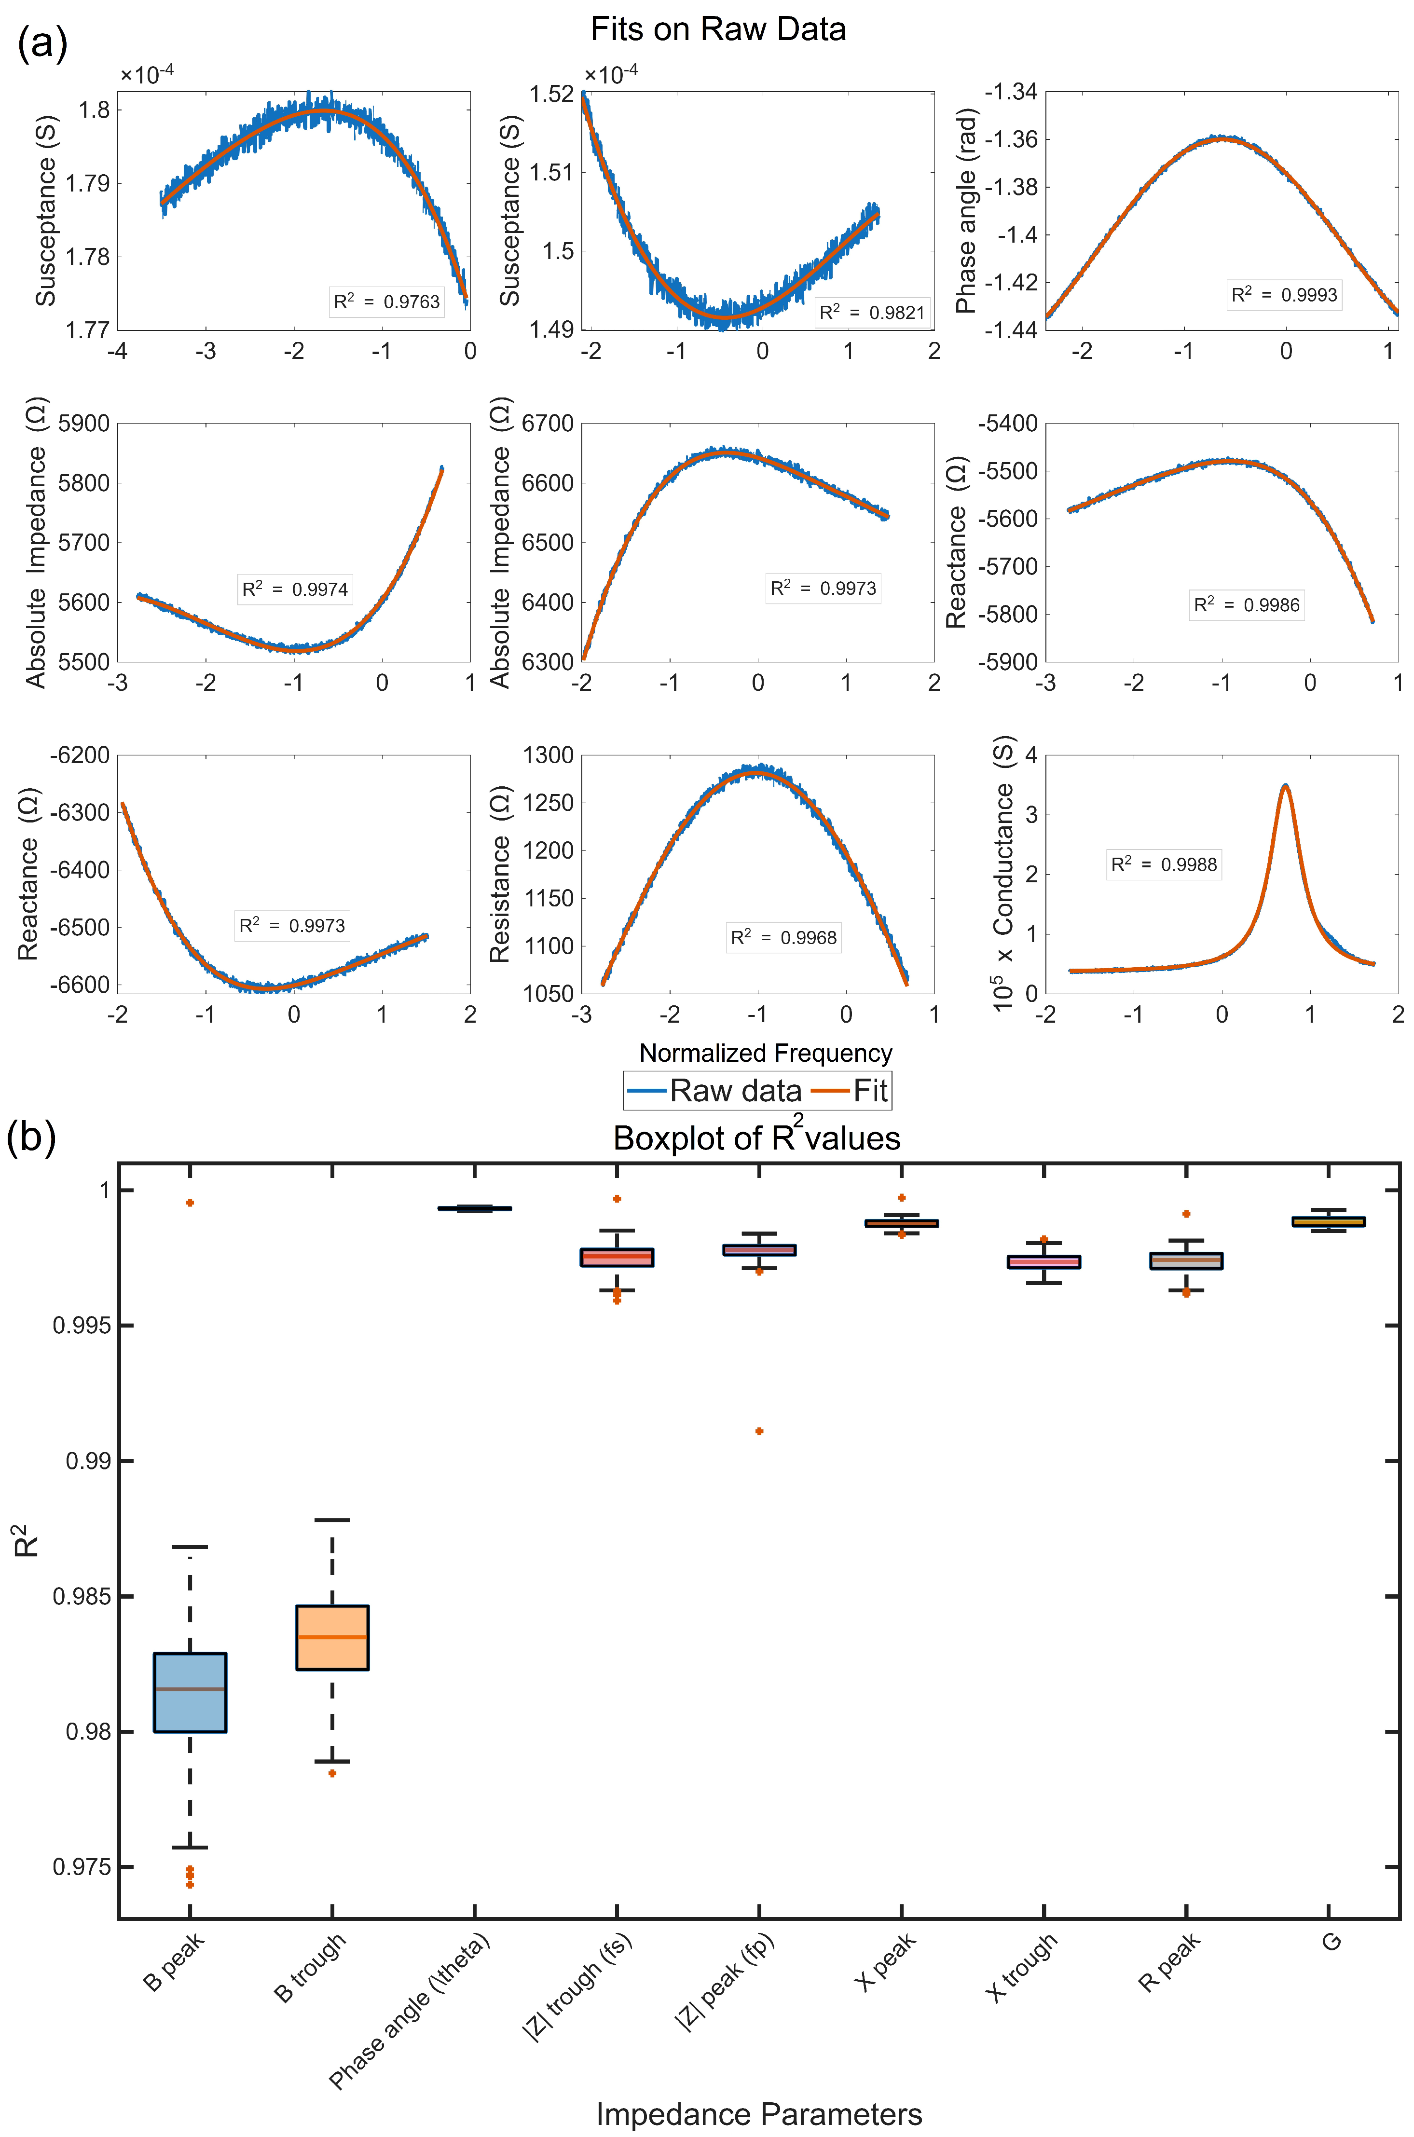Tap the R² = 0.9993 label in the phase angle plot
[1284, 295]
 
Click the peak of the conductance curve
[1285, 786]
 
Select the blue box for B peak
[190, 1692]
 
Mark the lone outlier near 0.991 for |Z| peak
[759, 1431]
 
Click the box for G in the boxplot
[1328, 1221]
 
